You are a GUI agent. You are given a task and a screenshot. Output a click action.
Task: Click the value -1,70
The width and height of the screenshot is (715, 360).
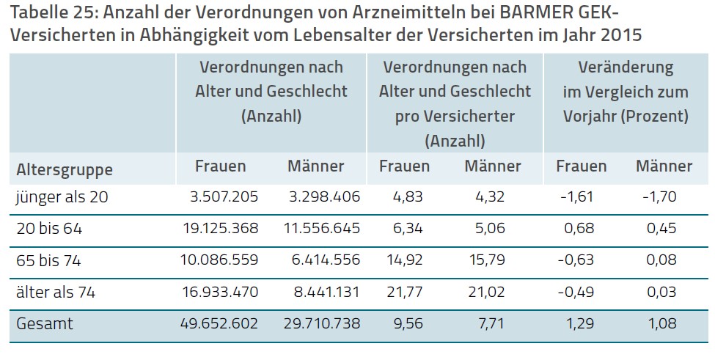(x=658, y=196)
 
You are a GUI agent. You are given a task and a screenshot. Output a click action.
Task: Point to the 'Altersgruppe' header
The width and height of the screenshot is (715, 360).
(x=65, y=170)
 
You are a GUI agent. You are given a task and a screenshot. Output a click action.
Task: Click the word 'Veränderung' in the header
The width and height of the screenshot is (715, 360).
(x=625, y=67)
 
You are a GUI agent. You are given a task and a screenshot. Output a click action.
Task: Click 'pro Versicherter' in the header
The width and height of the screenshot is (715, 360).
(x=455, y=116)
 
